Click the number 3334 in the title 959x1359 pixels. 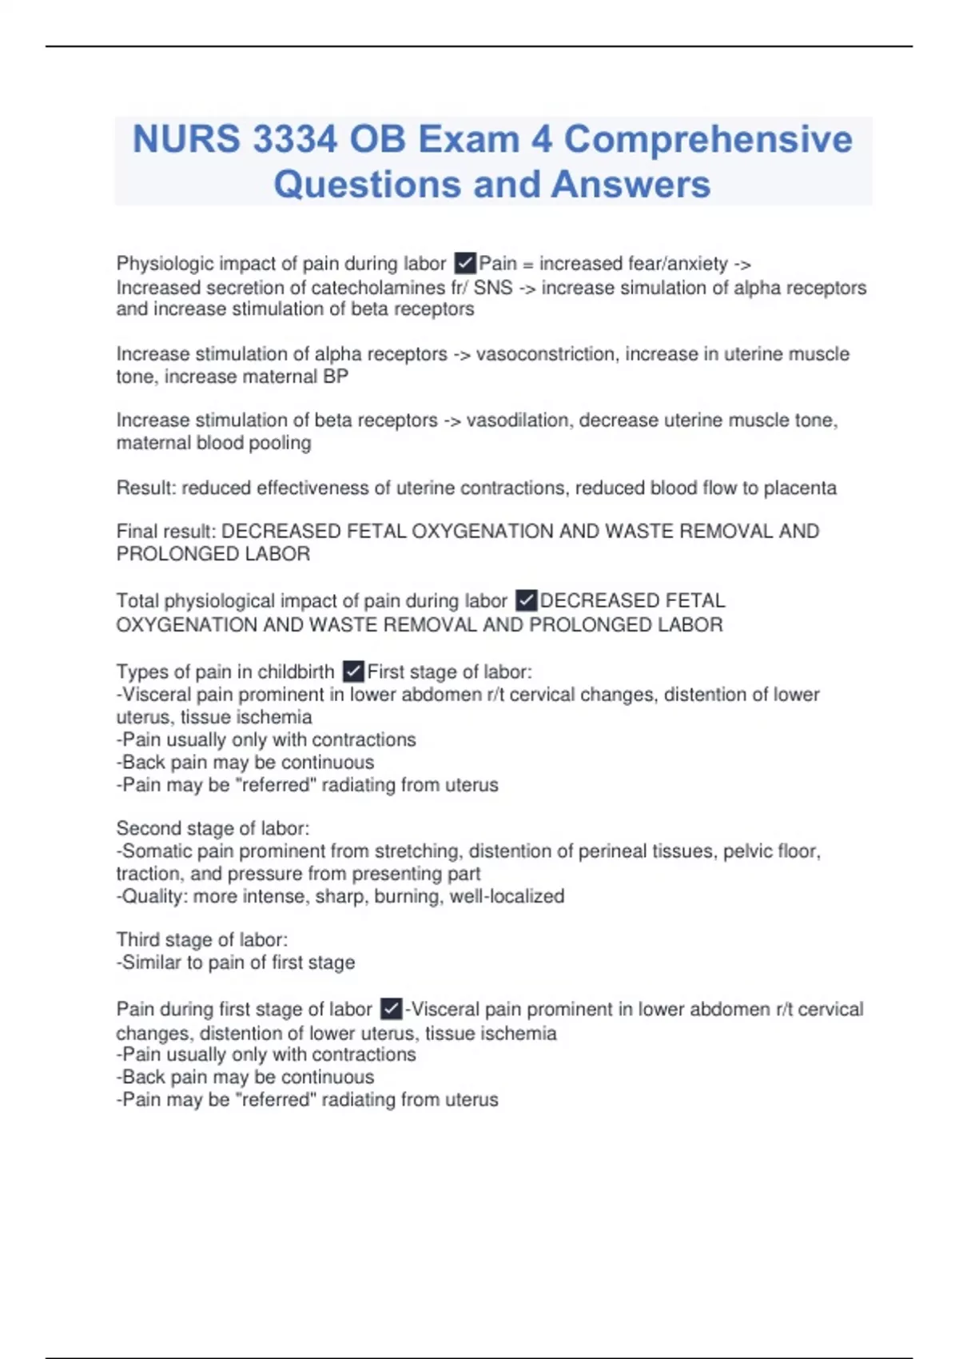click(x=294, y=139)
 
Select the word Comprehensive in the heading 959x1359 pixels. click(x=708, y=139)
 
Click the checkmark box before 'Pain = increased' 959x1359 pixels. click(x=465, y=263)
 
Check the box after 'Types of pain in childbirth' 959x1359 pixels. click(x=353, y=672)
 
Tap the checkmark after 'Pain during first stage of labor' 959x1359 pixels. click(x=391, y=1009)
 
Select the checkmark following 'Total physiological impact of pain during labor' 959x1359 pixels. click(x=526, y=600)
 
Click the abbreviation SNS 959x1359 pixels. click(x=493, y=288)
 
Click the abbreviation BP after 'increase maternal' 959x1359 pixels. click(x=336, y=377)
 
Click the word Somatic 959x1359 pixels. click(x=157, y=851)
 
